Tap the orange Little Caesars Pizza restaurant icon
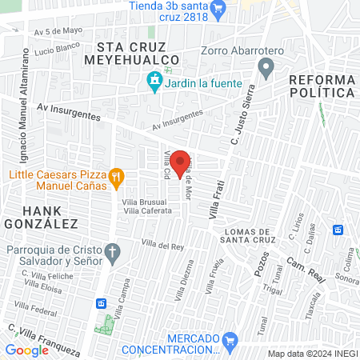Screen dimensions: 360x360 (117, 177)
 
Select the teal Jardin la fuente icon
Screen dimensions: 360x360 (154, 80)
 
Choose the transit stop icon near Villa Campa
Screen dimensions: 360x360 (102, 303)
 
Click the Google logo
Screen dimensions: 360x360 (26, 350)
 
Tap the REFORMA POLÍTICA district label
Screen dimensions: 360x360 (321, 86)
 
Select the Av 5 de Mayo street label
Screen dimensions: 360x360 (58, 31)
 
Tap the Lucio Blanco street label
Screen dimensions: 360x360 (54, 49)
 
